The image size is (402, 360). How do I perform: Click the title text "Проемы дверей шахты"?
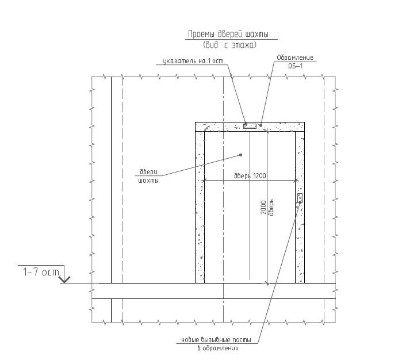[x=228, y=34]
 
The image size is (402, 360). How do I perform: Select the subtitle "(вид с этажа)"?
[x=229, y=45]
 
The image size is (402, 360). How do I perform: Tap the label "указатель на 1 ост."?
[x=194, y=61]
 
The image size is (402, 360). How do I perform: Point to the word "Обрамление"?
[x=295, y=58]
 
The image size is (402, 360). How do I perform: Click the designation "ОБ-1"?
[x=296, y=66]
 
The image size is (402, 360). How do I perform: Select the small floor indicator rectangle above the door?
[x=250, y=126]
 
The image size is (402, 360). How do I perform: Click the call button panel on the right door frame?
[x=300, y=198]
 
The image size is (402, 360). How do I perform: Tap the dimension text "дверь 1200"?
[x=250, y=176]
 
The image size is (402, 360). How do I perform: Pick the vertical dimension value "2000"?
[x=263, y=208]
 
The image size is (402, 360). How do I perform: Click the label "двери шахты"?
[x=148, y=176]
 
